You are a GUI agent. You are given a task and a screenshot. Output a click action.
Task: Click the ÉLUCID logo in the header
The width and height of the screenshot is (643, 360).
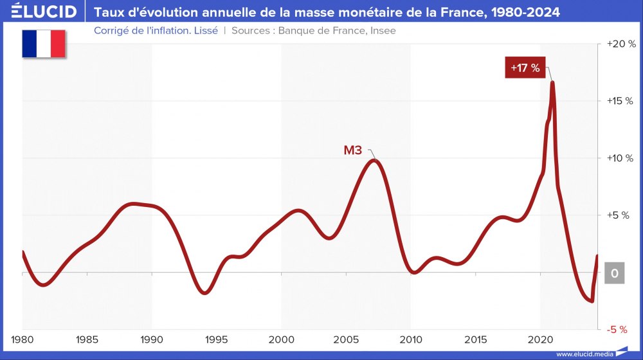click(39, 12)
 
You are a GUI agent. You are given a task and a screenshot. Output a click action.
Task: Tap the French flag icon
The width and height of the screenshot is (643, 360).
click(44, 44)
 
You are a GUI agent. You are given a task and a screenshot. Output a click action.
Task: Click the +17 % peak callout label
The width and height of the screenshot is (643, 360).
click(525, 67)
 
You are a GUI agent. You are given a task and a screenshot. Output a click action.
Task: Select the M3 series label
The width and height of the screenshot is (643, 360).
click(353, 150)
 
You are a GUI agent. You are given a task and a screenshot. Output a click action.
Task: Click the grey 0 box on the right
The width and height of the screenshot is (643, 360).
click(615, 273)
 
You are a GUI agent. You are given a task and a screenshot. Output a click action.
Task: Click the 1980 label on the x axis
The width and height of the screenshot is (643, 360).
click(23, 339)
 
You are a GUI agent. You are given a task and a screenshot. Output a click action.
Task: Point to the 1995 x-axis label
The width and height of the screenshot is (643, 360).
click(217, 339)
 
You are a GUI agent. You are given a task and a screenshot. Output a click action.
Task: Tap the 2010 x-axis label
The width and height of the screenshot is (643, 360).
click(411, 339)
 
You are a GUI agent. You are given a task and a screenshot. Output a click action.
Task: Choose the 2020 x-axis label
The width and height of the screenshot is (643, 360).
click(540, 339)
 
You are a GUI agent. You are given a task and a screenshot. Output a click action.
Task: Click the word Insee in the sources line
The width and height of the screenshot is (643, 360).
click(382, 30)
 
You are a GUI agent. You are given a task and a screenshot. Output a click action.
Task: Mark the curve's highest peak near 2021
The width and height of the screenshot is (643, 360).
click(552, 82)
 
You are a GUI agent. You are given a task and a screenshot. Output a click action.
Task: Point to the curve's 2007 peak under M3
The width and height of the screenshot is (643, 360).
click(375, 160)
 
